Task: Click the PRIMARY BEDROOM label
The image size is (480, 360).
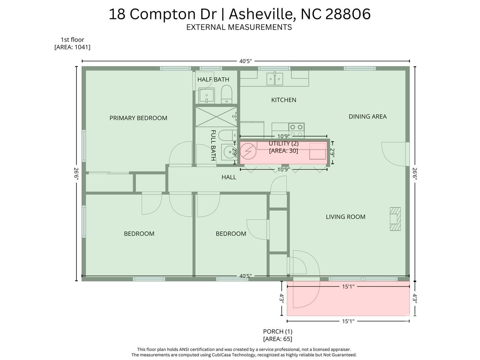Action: (138, 118)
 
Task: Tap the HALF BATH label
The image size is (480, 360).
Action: (213, 79)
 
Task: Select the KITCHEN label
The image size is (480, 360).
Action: (283, 100)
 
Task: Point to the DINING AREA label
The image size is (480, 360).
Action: (367, 117)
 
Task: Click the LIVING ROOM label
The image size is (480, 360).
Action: (345, 217)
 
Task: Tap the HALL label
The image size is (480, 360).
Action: (229, 177)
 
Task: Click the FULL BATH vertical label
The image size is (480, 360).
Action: (213, 145)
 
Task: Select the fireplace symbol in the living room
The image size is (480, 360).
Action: (395, 219)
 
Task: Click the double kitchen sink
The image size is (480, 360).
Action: (274, 79)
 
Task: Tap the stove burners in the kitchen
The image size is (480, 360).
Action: (296, 130)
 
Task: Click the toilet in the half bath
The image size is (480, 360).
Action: (226, 94)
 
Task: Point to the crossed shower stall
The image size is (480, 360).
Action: (216, 117)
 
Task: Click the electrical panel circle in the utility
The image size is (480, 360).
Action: (248, 151)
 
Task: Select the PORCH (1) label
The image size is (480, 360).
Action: (277, 331)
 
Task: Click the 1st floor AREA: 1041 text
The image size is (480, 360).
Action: (72, 47)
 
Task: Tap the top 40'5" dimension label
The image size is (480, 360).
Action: (245, 61)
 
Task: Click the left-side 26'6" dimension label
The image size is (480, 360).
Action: (76, 174)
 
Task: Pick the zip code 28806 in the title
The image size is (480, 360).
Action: (348, 14)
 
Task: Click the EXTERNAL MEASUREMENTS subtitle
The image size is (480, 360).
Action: (239, 27)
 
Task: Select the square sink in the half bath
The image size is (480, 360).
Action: (206, 96)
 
